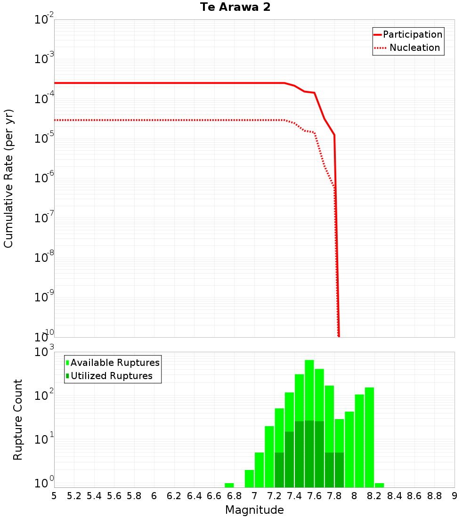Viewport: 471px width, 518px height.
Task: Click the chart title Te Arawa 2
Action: [235, 8]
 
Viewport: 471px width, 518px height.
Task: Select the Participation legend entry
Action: [412, 35]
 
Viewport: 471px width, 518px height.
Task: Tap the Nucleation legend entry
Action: [414, 48]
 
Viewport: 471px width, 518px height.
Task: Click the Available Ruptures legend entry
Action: [114, 363]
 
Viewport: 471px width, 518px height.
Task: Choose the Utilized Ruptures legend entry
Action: [111, 376]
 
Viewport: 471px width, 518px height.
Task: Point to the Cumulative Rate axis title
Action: [9, 178]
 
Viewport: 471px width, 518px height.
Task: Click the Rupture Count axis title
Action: [18, 419]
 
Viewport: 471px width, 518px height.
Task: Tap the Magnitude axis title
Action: [254, 510]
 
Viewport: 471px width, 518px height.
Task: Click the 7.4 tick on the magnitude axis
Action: [294, 496]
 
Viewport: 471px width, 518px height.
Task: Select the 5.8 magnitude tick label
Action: [134, 496]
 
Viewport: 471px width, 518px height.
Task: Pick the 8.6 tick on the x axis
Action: [414, 496]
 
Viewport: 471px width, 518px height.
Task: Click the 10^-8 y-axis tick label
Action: [45, 257]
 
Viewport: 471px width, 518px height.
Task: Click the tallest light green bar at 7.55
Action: [309, 391]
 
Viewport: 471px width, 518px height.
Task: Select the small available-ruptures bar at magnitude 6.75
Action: [229, 485]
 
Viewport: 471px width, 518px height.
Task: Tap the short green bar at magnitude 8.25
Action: [379, 485]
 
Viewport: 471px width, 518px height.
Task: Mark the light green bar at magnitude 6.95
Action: [249, 478]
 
